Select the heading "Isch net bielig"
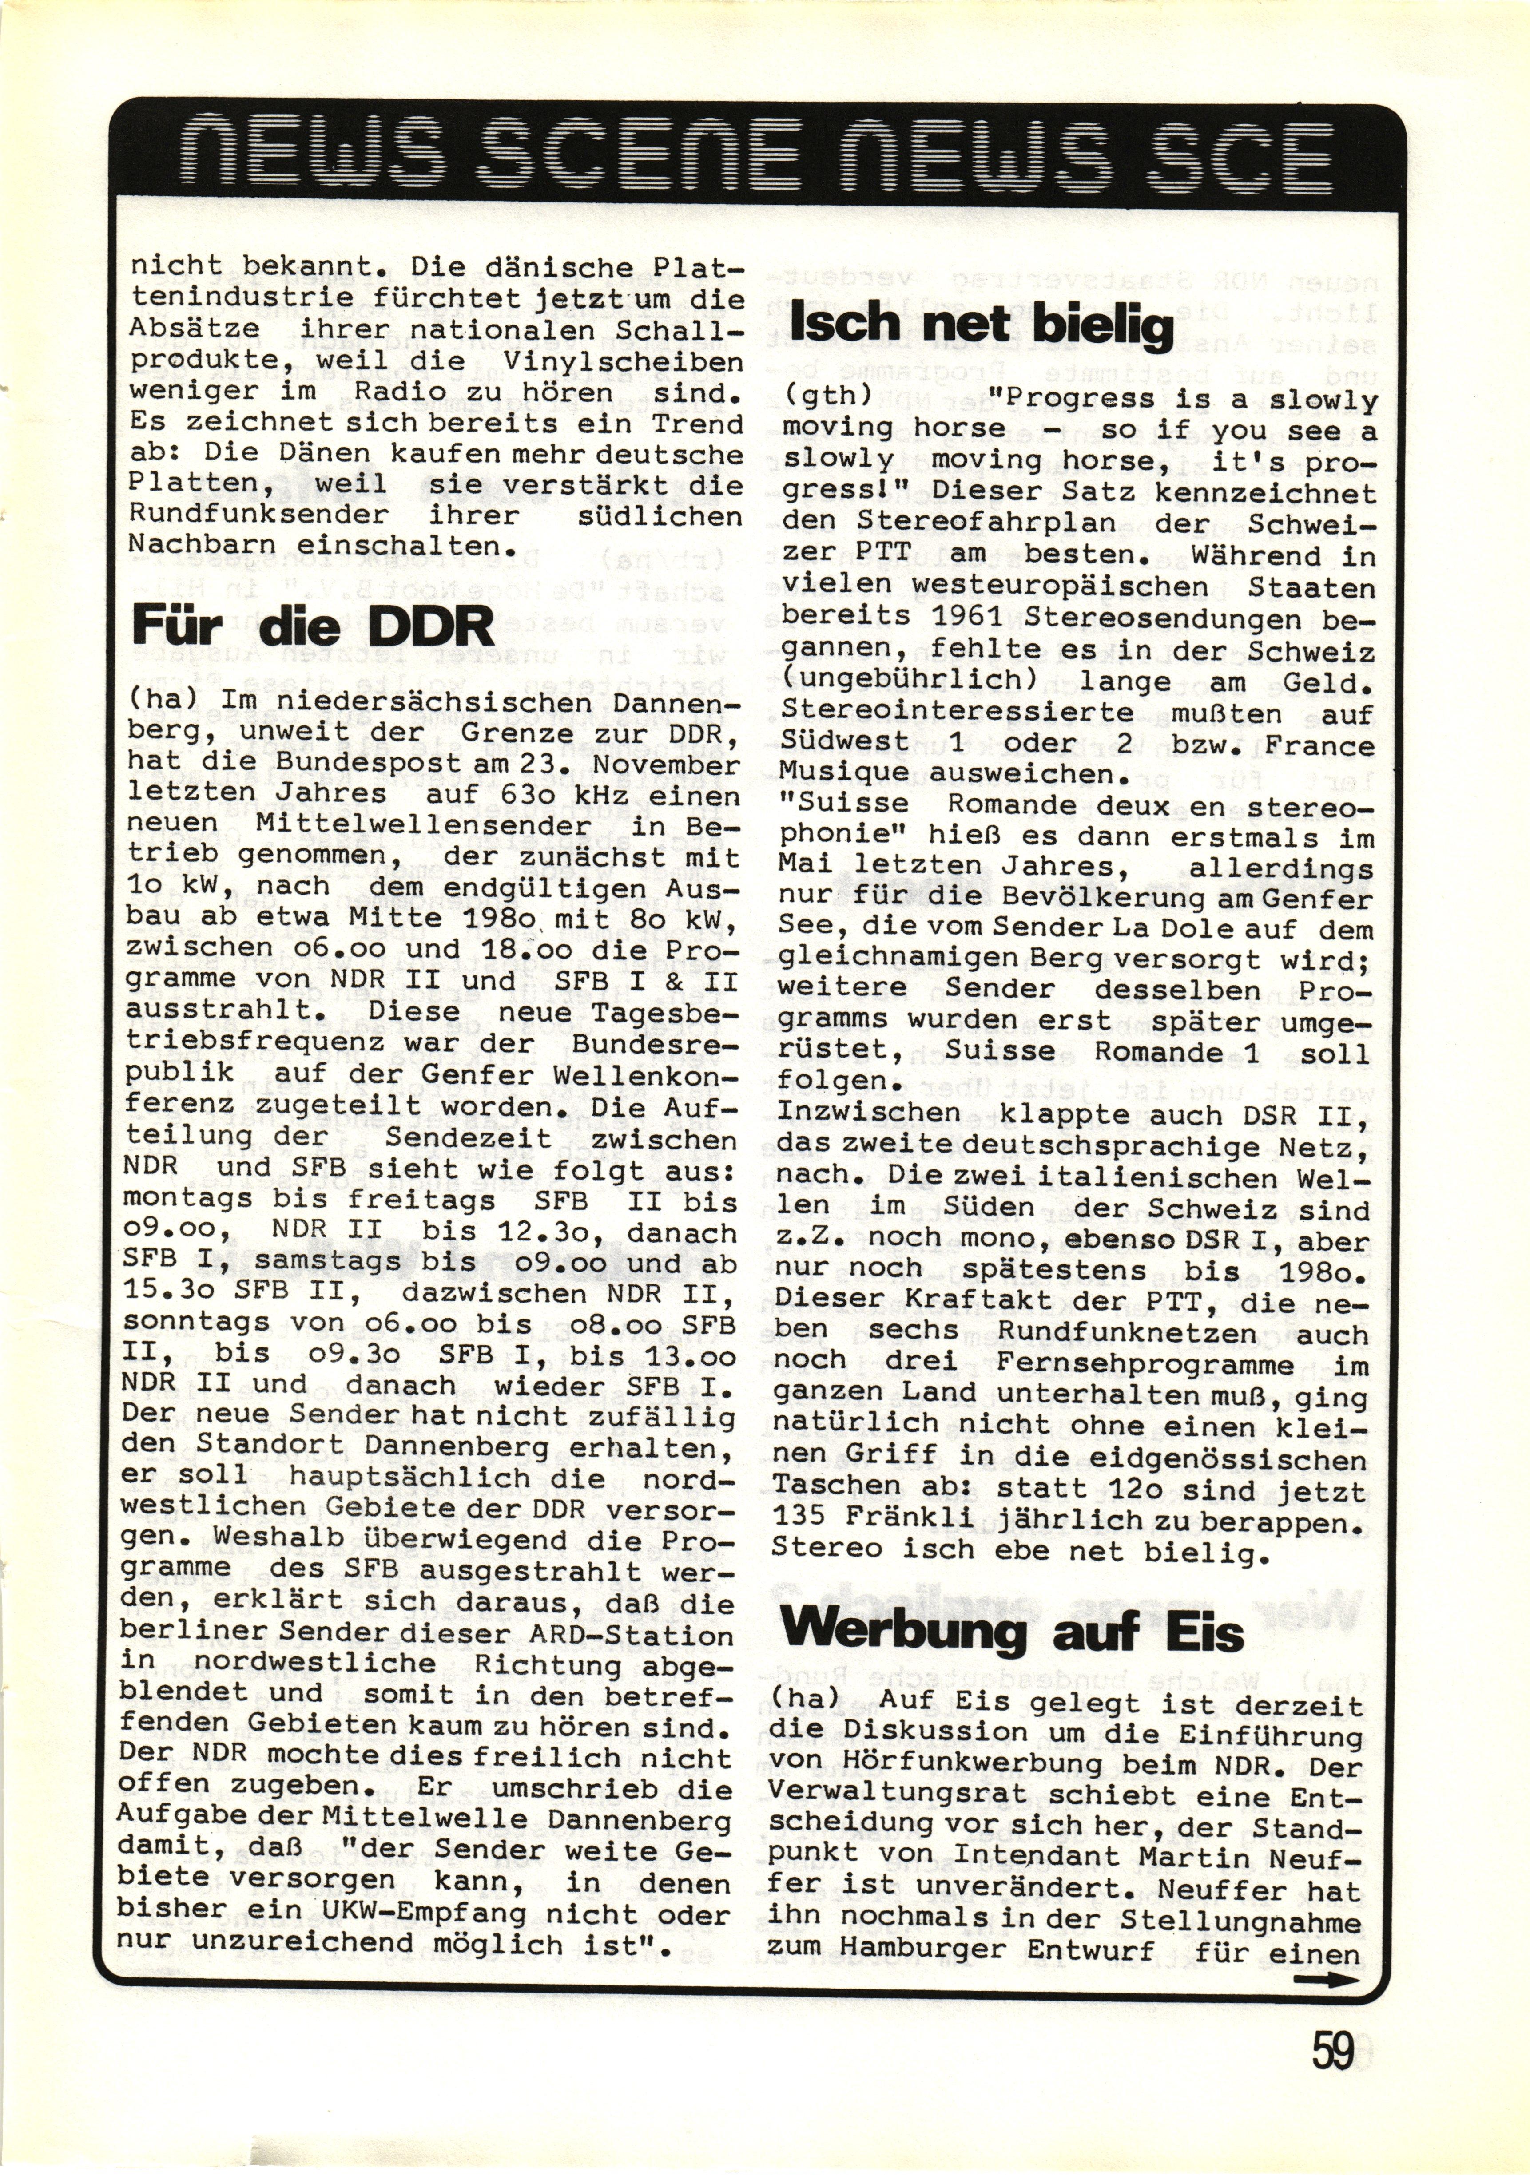(981, 325)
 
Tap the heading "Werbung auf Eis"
(1012, 1631)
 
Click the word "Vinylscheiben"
(622, 362)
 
